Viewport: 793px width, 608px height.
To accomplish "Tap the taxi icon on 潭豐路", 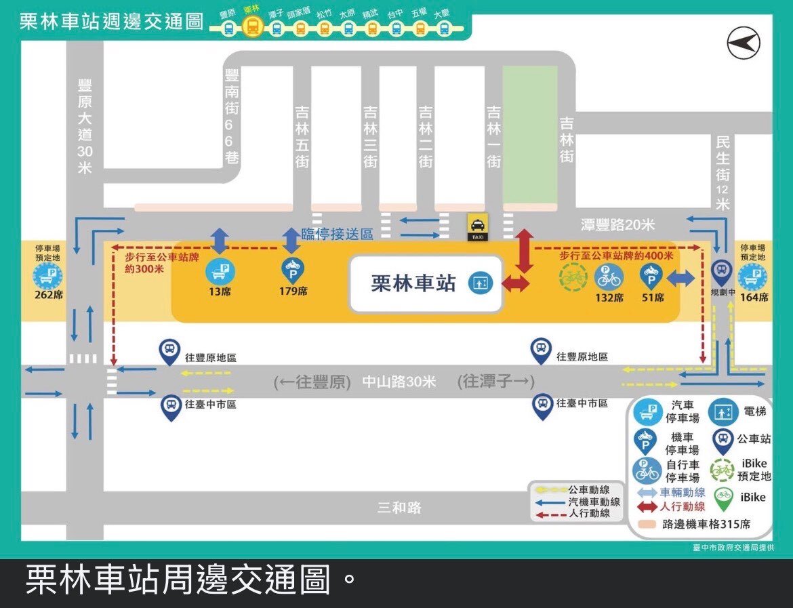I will click(477, 226).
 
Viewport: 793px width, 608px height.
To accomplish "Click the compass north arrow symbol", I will click(744, 45).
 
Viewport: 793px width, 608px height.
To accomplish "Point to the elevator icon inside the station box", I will click(479, 283).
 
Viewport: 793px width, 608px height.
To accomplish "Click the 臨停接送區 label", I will click(338, 235).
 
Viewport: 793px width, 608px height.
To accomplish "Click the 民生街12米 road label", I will click(723, 174).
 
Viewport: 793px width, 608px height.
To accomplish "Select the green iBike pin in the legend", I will click(723, 496).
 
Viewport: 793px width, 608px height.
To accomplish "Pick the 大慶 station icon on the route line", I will click(443, 28).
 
